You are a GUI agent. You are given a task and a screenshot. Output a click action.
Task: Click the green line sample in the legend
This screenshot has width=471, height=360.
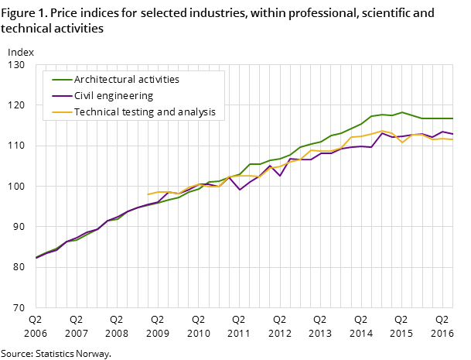pos(62,80)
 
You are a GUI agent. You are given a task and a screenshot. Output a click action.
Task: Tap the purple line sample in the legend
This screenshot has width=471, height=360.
pos(62,96)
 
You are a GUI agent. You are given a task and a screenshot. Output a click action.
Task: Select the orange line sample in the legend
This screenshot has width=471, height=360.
pos(62,112)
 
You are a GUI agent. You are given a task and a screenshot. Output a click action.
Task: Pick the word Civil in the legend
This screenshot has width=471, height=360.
pos(84,96)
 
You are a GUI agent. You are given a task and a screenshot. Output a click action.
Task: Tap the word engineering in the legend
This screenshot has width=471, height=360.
pos(125,96)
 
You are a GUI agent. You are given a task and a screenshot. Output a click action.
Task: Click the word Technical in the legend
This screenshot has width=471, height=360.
pos(95,112)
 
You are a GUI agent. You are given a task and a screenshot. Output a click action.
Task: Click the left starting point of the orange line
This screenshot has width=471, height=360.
pos(148,194)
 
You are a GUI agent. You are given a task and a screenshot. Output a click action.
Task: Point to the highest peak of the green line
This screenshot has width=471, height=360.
pos(402,112)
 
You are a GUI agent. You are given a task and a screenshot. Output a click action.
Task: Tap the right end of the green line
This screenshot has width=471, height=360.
pos(453,118)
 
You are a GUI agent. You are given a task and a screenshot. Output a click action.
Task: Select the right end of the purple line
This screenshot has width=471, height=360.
pos(453,134)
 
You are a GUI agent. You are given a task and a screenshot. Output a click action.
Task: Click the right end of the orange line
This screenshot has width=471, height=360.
pos(453,139)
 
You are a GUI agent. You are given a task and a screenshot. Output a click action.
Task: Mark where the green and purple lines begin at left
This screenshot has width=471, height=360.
pos(36,258)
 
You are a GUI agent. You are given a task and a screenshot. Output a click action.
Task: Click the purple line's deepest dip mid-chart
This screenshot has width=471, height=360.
pos(240,190)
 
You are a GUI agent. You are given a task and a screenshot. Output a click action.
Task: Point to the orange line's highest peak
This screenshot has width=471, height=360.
pos(382,131)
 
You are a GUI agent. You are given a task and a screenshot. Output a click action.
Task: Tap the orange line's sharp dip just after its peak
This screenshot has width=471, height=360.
pos(402,142)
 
